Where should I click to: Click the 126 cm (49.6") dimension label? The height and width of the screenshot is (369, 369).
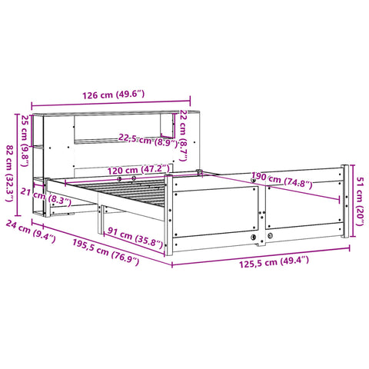click(x=113, y=95)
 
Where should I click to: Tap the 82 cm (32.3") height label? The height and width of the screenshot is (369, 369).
click(x=10, y=174)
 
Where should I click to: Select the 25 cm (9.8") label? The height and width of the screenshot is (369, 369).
click(x=25, y=141)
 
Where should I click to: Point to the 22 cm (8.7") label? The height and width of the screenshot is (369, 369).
click(x=184, y=136)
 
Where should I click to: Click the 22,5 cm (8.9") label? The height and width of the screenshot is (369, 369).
click(x=148, y=141)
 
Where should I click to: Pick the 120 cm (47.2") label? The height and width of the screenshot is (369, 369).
click(x=138, y=170)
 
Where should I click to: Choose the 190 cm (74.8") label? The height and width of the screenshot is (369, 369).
click(x=281, y=181)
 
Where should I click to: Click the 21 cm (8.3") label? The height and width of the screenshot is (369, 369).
click(x=45, y=197)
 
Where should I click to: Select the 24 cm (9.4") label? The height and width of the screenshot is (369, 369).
click(x=31, y=231)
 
